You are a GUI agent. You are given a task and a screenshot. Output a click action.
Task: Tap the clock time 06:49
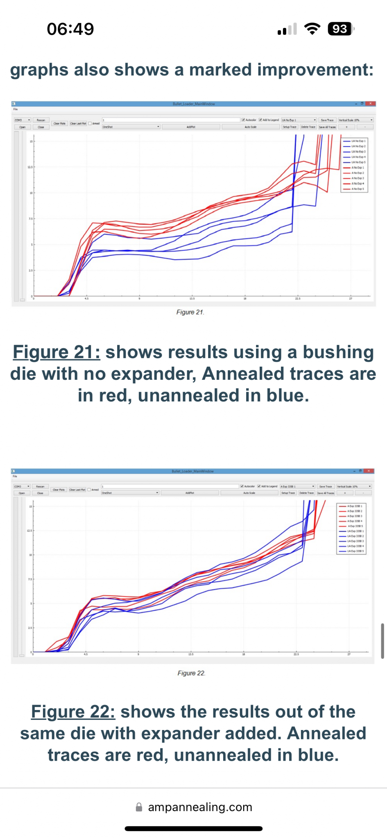70,29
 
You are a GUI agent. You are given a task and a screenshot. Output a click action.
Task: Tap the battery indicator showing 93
340,29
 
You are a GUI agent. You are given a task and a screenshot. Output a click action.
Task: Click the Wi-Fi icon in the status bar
312,29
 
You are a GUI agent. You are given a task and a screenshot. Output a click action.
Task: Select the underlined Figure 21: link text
57,352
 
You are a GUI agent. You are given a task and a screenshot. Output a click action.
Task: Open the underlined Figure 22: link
73,712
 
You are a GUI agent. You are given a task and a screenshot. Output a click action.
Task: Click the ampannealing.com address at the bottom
200,807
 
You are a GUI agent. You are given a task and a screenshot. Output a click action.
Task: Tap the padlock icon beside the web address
139,807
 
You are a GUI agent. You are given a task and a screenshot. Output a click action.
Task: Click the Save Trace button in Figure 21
327,120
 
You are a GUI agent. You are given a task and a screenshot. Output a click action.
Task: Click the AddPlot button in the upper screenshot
191,127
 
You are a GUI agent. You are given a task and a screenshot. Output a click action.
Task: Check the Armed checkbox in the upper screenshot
90,123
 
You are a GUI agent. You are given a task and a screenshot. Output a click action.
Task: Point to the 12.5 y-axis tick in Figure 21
29,167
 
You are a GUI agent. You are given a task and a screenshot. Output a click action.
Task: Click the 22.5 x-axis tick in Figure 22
296,654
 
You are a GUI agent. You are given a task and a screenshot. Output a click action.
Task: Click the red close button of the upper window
371,104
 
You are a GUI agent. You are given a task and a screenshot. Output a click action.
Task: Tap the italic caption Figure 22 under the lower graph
191,673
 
